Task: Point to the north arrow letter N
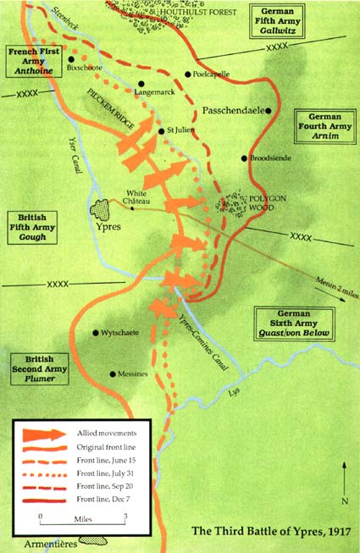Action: (x=344, y=501)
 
